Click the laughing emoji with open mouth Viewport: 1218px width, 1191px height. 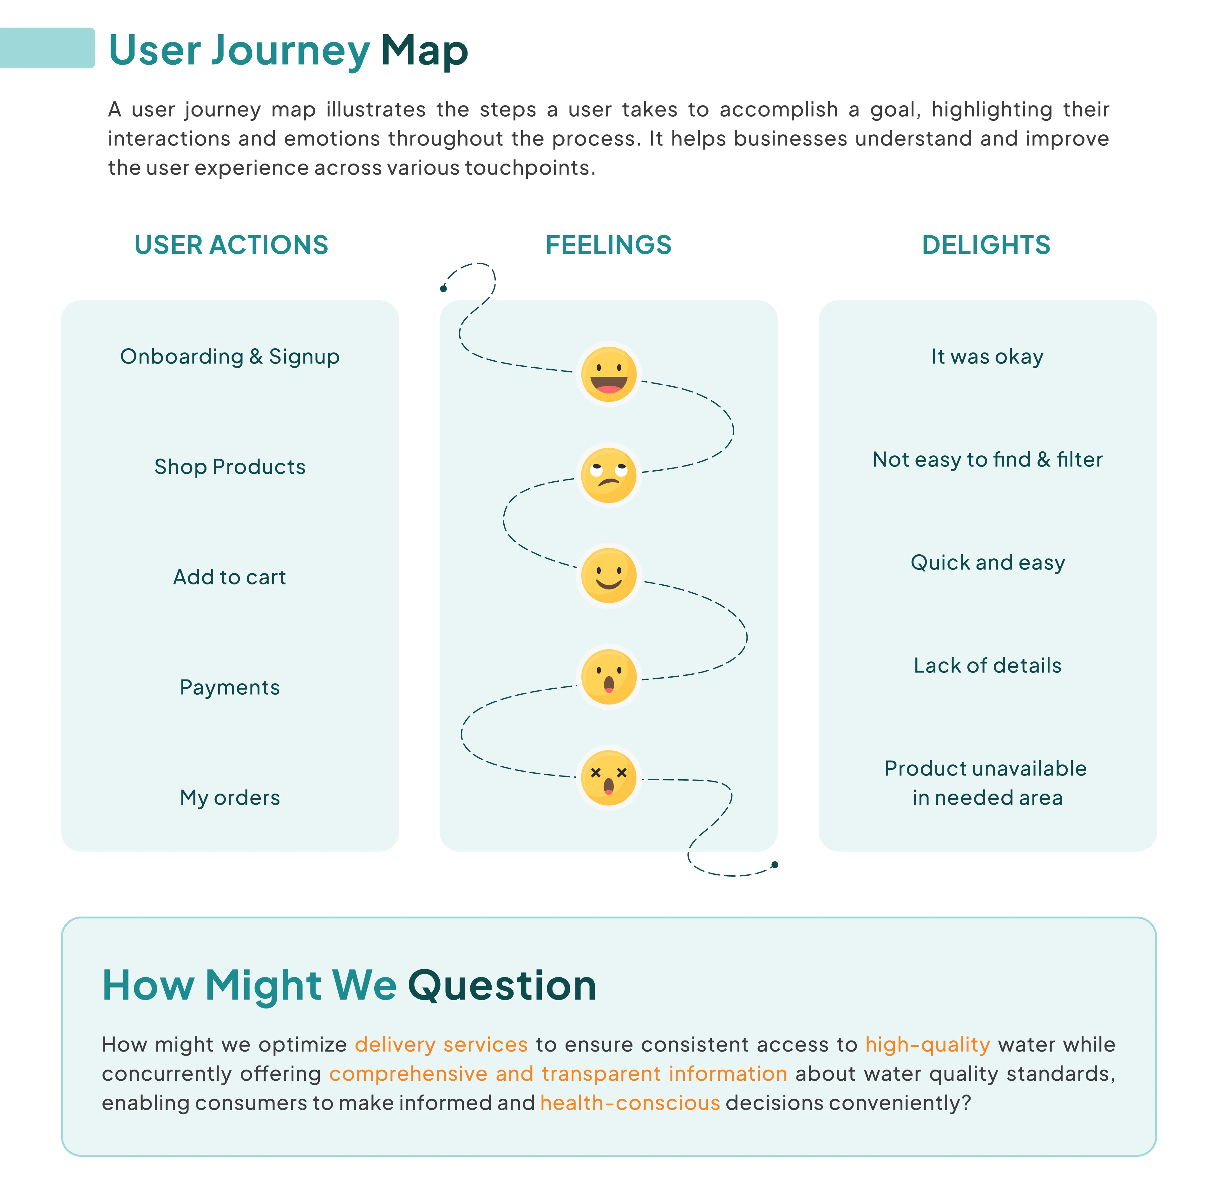pos(608,374)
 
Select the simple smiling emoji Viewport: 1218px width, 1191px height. pos(608,576)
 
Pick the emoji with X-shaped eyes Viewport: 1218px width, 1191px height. pos(608,777)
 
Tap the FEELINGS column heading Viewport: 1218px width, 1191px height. pos(608,245)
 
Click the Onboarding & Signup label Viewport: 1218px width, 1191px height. pos(230,357)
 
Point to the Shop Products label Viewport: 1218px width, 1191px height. pos(230,467)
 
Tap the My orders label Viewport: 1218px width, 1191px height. pos(230,798)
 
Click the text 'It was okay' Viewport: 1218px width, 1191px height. pos(987,357)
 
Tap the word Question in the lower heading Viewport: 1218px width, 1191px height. pos(502,986)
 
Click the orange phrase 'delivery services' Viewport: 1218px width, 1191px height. pos(441,1045)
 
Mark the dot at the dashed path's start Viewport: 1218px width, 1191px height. pos(443,288)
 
